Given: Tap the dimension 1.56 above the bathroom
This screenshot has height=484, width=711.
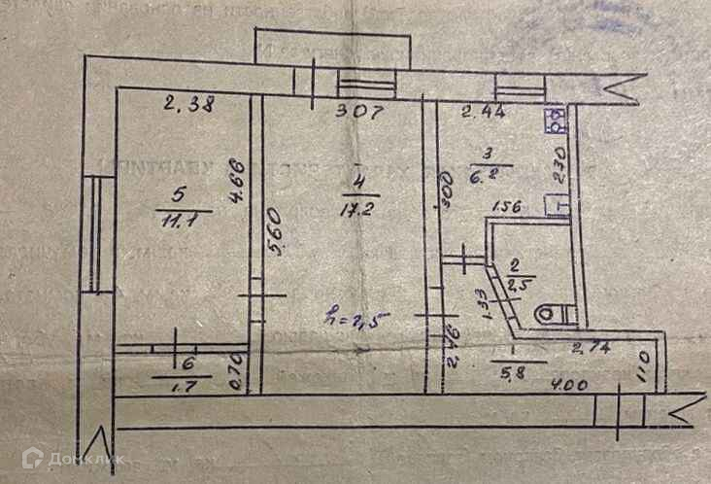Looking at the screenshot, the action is tap(506, 207).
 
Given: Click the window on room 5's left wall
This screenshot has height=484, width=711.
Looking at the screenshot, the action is tap(93, 233).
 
